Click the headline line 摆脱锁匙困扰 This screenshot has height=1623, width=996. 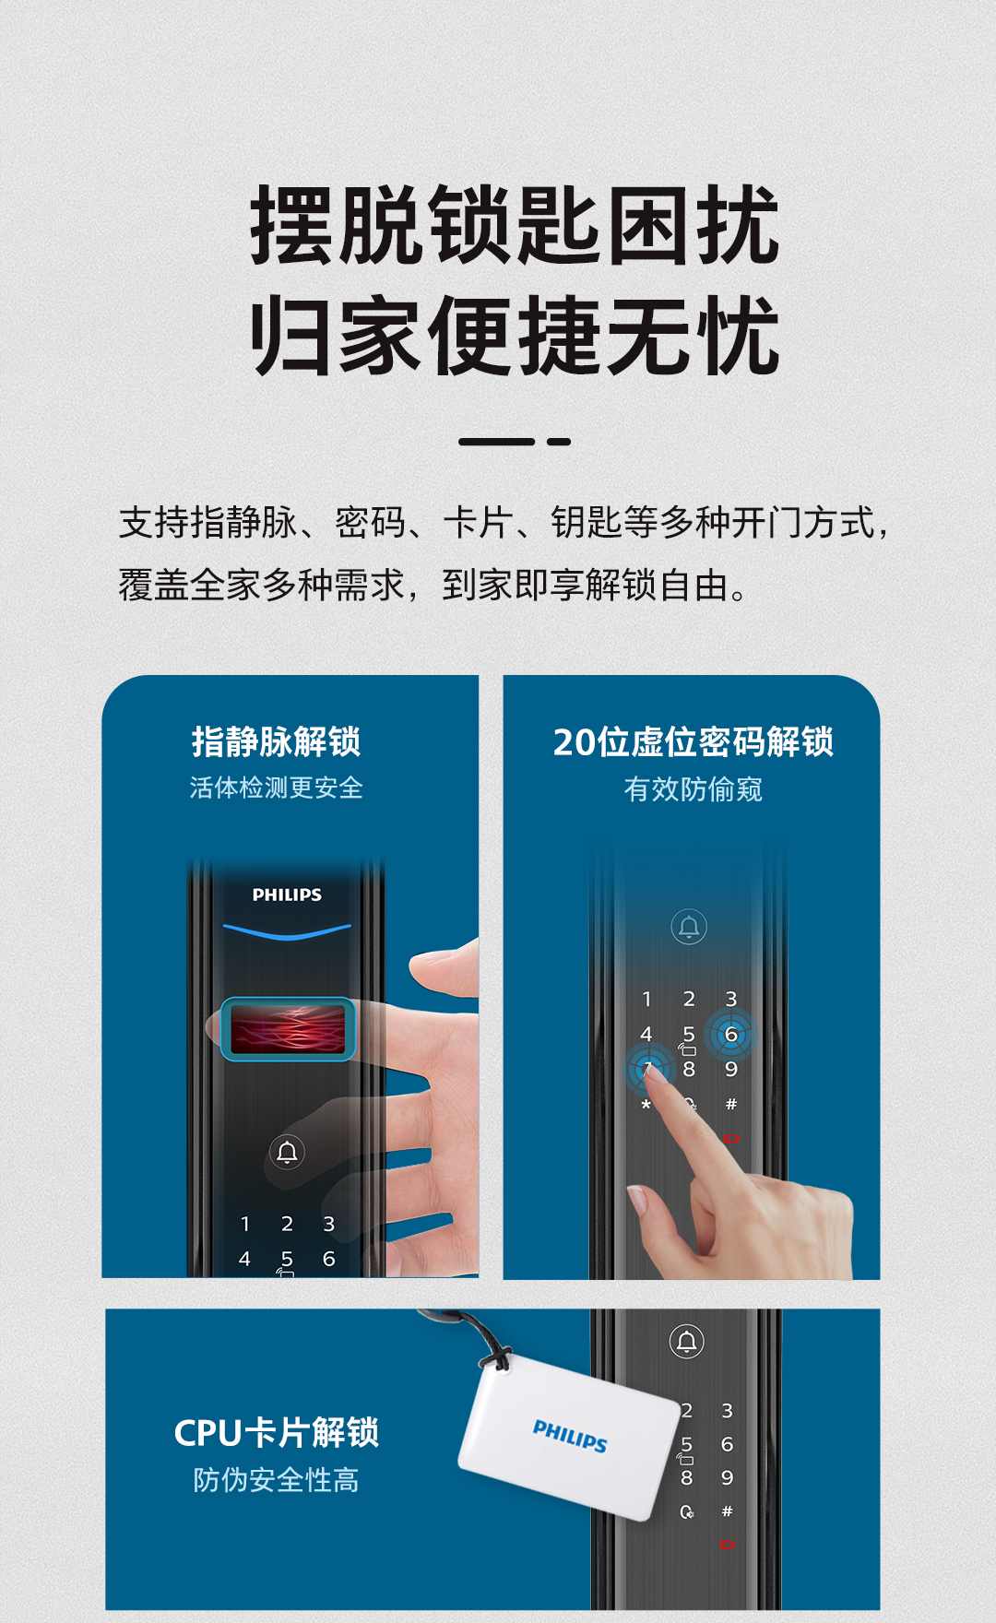pos(515,226)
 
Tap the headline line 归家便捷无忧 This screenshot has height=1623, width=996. pos(515,336)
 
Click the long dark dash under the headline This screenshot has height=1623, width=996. pos(496,442)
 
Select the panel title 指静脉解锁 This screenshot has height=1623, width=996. pos(276,741)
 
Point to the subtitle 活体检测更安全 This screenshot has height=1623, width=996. pos(276,788)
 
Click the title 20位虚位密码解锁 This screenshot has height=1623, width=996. pos(693,742)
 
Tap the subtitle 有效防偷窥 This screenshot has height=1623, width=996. pos(693,789)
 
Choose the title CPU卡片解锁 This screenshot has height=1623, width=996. pos(276,1432)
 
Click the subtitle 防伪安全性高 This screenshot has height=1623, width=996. pos(276,1480)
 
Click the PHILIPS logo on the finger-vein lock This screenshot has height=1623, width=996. pos(287,894)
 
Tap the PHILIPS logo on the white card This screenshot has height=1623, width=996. pos(570,1436)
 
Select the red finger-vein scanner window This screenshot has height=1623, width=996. pos(288,1029)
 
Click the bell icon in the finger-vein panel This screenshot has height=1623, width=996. pos(287,1152)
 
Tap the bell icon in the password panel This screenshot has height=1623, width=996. pos(689,927)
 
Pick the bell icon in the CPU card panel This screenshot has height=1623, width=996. pos(687,1342)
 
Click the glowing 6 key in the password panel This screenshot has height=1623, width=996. pos(730,1035)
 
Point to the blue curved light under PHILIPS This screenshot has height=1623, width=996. pos(287,932)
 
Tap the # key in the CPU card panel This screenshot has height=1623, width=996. pos(727,1511)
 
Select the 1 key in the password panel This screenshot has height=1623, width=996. pos(646,999)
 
